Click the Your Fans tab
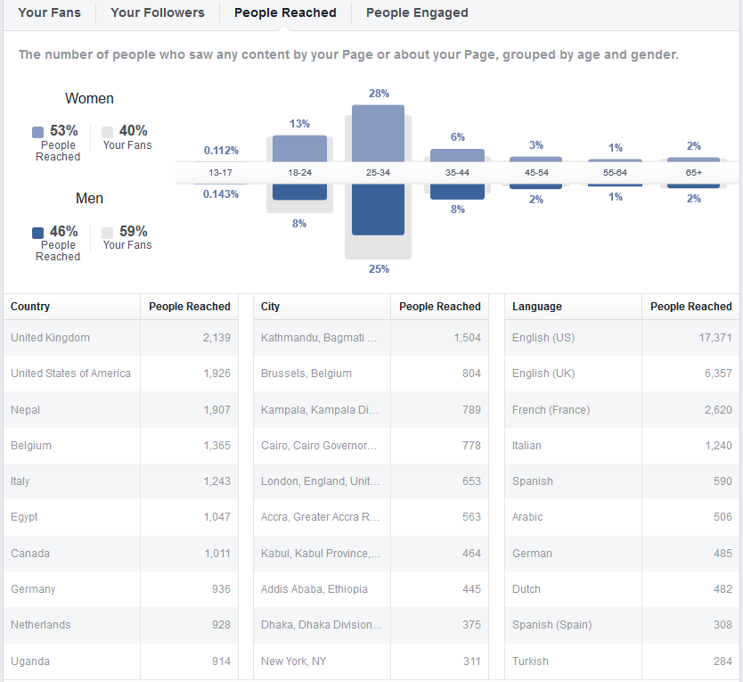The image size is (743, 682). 49,12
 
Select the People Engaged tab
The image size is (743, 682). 417,12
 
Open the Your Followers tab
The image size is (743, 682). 158,12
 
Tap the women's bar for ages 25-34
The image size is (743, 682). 378,133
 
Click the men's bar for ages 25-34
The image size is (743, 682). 378,210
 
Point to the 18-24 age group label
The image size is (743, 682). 299,172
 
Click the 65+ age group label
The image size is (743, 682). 693,172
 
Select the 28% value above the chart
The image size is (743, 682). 379,94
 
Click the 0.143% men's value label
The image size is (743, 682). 221,194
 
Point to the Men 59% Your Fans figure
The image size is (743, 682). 133,231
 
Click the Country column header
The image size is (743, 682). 30,307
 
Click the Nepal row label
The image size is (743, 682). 26,410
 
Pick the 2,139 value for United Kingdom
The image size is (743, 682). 216,338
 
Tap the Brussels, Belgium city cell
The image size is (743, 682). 306,374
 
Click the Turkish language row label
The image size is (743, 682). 530,661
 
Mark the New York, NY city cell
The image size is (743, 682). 294,661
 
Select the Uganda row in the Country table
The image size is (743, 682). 30,661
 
